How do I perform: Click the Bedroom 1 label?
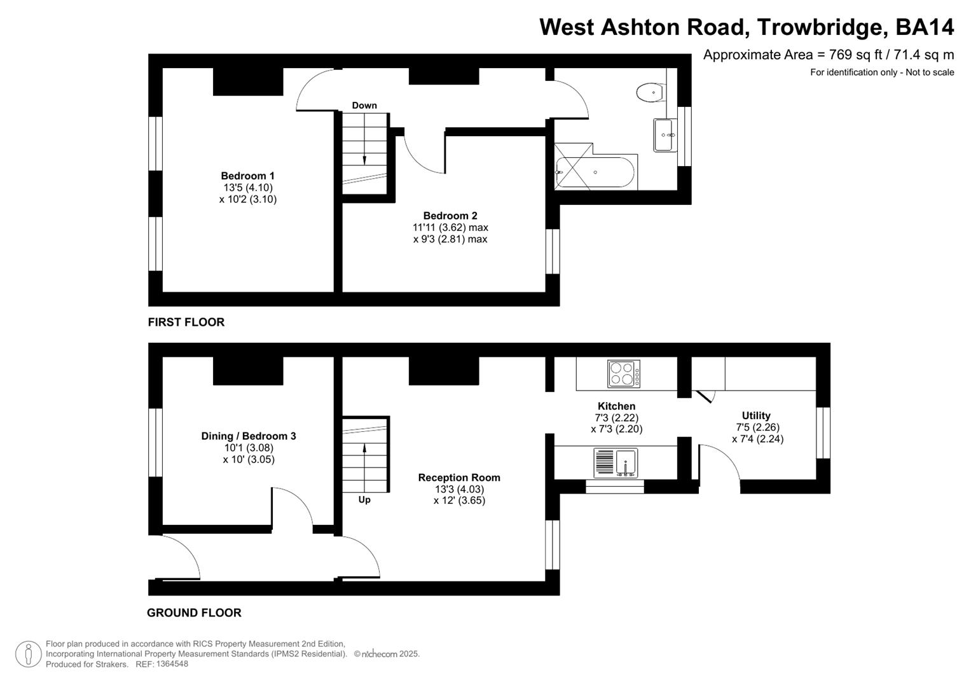pyautogui.click(x=247, y=176)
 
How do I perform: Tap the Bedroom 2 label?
pyautogui.click(x=450, y=216)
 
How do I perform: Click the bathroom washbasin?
pyautogui.click(x=663, y=135)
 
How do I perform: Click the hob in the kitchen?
pyautogui.click(x=624, y=374)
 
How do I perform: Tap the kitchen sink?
pyautogui.click(x=616, y=463)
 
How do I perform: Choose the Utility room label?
pyautogui.click(x=756, y=416)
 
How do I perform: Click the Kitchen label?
pyautogui.click(x=616, y=406)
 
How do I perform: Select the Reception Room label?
pyautogui.click(x=459, y=478)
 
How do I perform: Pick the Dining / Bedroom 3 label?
pyautogui.click(x=249, y=436)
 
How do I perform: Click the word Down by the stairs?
pyautogui.click(x=364, y=106)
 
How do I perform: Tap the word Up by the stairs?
pyautogui.click(x=364, y=500)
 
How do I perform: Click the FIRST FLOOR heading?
pyautogui.click(x=186, y=323)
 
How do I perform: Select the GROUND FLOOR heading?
pyautogui.click(x=194, y=613)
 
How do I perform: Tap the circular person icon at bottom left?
pyautogui.click(x=28, y=655)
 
